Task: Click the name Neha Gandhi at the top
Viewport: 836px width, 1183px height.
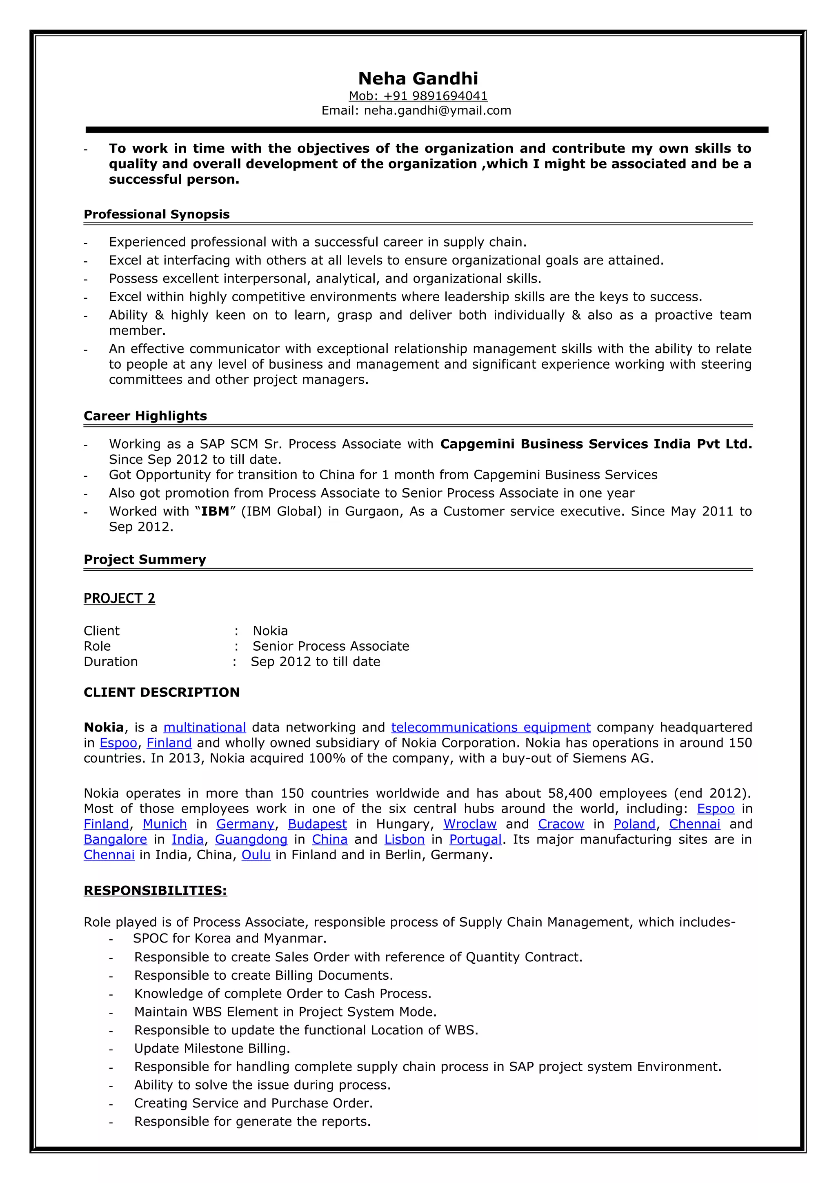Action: (x=418, y=78)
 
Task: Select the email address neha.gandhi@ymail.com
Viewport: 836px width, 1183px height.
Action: (x=437, y=110)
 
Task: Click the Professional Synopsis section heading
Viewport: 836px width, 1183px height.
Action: (x=157, y=214)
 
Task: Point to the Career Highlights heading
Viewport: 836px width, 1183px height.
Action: (x=145, y=416)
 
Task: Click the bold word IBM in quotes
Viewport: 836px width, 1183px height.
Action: (x=215, y=511)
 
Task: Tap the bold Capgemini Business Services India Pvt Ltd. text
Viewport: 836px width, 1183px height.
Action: (x=596, y=444)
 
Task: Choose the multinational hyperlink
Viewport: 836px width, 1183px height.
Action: (x=205, y=727)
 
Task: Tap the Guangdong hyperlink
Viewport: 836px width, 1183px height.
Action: (x=251, y=839)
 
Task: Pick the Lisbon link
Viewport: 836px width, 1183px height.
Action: (x=405, y=839)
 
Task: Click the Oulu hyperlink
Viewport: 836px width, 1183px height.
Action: (x=256, y=855)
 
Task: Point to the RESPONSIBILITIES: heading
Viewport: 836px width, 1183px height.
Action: (x=155, y=890)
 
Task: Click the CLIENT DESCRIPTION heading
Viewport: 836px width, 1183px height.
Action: (x=161, y=692)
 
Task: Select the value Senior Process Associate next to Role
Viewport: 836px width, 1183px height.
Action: (x=331, y=646)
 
